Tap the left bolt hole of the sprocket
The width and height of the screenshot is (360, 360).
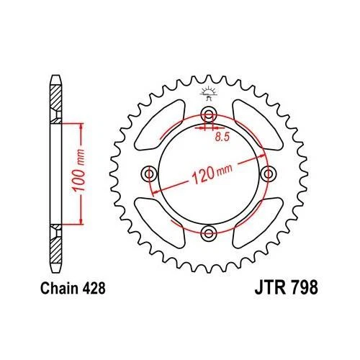click(150, 174)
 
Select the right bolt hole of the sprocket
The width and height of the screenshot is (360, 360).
click(269, 174)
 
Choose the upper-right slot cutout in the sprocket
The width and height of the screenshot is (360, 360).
click(256, 127)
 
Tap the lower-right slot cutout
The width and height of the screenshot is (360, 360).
click(256, 220)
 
